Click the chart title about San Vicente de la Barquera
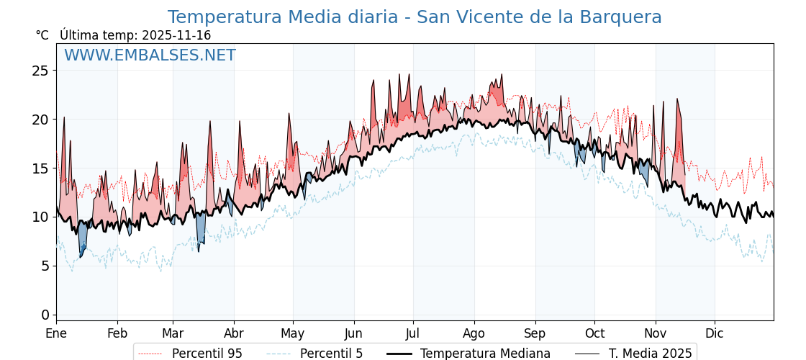pyautogui.click(x=415, y=17)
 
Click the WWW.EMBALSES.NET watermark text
pyautogui.click(x=150, y=55)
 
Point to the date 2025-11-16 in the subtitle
pyautogui.click(x=176, y=35)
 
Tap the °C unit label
pyautogui.click(x=42, y=35)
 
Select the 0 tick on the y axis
pyautogui.click(x=45, y=315)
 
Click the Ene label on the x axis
pyautogui.click(x=56, y=333)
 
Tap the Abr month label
pyautogui.click(x=234, y=333)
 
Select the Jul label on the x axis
pyautogui.click(x=413, y=333)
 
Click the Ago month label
pyautogui.click(x=474, y=333)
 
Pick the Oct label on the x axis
pyautogui.click(x=594, y=333)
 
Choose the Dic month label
pyautogui.click(x=715, y=333)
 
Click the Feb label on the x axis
pyautogui.click(x=117, y=333)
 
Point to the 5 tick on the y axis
pyautogui.click(x=45, y=266)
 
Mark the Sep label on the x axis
pyautogui.click(x=535, y=333)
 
